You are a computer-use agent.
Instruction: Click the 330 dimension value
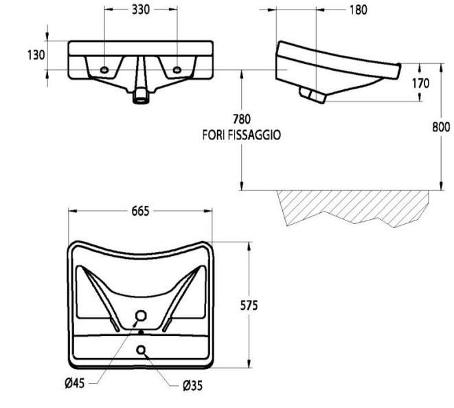tap(141, 10)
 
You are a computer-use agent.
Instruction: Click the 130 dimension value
tap(36, 55)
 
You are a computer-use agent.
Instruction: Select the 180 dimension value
tap(359, 10)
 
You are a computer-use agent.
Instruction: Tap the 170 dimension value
tap(421, 84)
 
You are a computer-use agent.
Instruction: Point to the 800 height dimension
tap(441, 127)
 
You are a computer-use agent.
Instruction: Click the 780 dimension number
tap(242, 120)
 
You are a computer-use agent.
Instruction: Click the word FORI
tap(214, 135)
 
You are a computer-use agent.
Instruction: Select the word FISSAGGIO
tap(255, 135)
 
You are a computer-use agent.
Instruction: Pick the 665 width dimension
tap(140, 212)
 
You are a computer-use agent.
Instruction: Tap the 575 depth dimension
tap(249, 306)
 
